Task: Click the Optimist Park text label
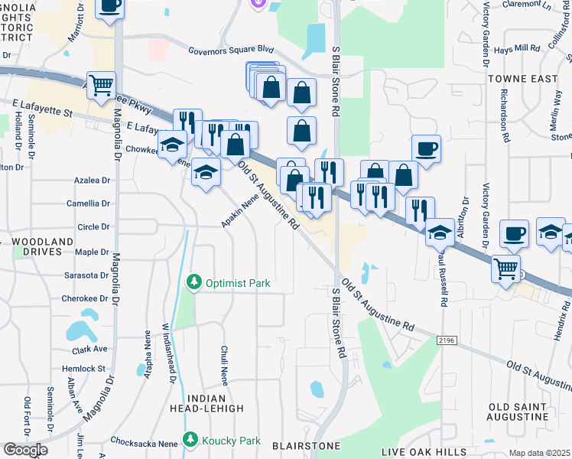238,283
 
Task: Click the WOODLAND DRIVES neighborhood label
42,246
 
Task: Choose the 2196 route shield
448,339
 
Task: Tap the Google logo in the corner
24,450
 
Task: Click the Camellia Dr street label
88,203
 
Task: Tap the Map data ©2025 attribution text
540,453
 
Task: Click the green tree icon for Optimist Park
194,283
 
